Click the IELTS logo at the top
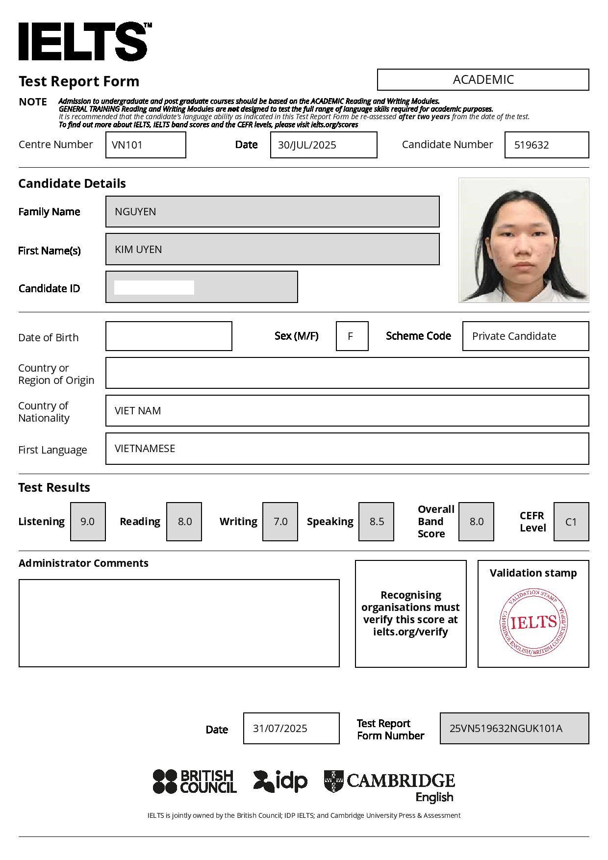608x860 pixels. click(x=83, y=42)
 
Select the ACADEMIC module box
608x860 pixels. click(x=483, y=79)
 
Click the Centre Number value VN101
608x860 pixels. click(x=146, y=145)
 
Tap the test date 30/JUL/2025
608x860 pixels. click(x=324, y=145)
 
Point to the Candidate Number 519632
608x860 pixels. click(x=546, y=145)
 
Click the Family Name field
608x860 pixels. click(x=272, y=211)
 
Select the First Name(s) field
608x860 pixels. click(x=272, y=249)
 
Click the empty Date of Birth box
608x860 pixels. click(x=169, y=336)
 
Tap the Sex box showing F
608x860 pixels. click(x=352, y=336)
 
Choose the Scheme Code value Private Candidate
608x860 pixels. click(x=525, y=336)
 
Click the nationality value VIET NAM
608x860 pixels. click(x=347, y=411)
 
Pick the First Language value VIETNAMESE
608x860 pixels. click(x=347, y=449)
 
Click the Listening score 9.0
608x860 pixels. click(x=88, y=522)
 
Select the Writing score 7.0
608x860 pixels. click(x=280, y=522)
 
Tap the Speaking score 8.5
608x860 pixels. click(x=376, y=522)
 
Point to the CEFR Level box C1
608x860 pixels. click(x=571, y=522)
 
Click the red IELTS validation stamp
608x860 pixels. click(x=533, y=622)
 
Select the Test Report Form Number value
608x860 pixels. click(x=514, y=728)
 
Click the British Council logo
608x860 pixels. click(x=195, y=781)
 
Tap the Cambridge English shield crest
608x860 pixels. click(x=333, y=781)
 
